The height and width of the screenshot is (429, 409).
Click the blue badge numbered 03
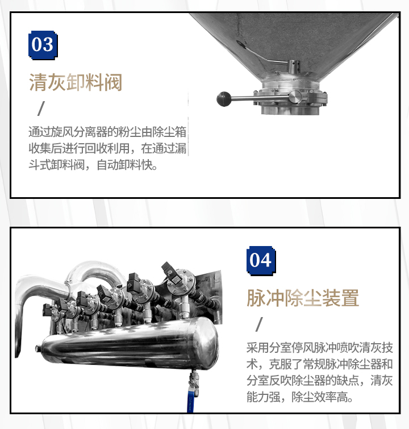[43, 45]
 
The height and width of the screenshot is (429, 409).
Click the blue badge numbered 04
[261, 260]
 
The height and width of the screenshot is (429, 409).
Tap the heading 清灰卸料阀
[76, 82]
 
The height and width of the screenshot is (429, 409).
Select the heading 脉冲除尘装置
[303, 298]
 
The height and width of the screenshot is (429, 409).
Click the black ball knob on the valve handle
[224, 99]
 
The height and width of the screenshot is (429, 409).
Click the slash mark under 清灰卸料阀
[41, 109]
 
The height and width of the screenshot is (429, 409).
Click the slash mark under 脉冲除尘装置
[259, 324]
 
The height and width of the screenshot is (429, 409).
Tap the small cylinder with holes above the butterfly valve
[294, 66]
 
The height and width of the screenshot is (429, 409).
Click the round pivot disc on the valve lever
[295, 97]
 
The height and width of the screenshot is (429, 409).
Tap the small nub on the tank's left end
[37, 348]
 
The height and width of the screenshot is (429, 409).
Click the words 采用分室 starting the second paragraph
[269, 348]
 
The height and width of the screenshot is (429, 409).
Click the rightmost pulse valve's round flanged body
[181, 281]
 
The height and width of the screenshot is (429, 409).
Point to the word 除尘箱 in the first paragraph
[169, 132]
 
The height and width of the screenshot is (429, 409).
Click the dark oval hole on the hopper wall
[241, 44]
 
